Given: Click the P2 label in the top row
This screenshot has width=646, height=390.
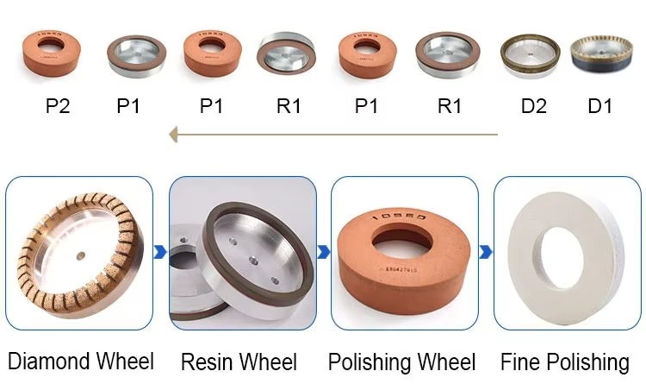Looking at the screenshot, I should tap(58, 106).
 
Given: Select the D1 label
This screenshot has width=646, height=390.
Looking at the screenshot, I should tap(599, 106).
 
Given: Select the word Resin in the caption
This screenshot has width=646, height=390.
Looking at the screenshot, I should tap(208, 362).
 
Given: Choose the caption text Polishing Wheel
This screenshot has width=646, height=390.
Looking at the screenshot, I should tap(401, 362).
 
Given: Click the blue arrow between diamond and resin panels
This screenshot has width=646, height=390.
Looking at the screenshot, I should tap(160, 253).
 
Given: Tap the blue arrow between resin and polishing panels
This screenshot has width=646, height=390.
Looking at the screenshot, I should tap(323, 252).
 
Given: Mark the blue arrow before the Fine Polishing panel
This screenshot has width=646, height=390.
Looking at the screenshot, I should tap(486, 252).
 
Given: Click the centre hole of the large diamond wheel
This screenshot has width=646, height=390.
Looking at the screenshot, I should tap(78, 255).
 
